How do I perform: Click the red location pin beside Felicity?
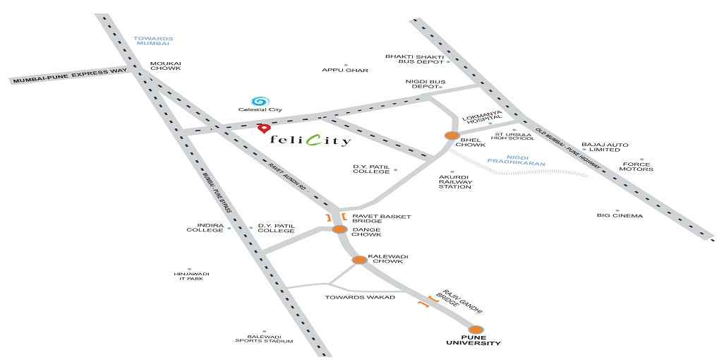pyautogui.click(x=263, y=128)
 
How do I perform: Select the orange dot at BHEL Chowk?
pyautogui.click(x=452, y=136)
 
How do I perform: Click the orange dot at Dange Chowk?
pyautogui.click(x=340, y=229)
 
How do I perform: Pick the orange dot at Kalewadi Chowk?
pyautogui.click(x=359, y=260)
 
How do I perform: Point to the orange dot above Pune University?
pyautogui.click(x=476, y=330)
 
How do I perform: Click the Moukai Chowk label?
pyautogui.click(x=165, y=66)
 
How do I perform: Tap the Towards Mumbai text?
pyautogui.click(x=153, y=41)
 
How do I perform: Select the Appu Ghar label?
pyautogui.click(x=345, y=71)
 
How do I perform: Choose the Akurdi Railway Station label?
pyautogui.click(x=456, y=181)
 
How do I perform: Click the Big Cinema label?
pyautogui.click(x=620, y=215)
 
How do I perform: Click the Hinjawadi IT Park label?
pyautogui.click(x=188, y=277)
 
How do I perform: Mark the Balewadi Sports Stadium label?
pyautogui.click(x=264, y=339)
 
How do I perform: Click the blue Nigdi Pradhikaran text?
pyautogui.click(x=517, y=160)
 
